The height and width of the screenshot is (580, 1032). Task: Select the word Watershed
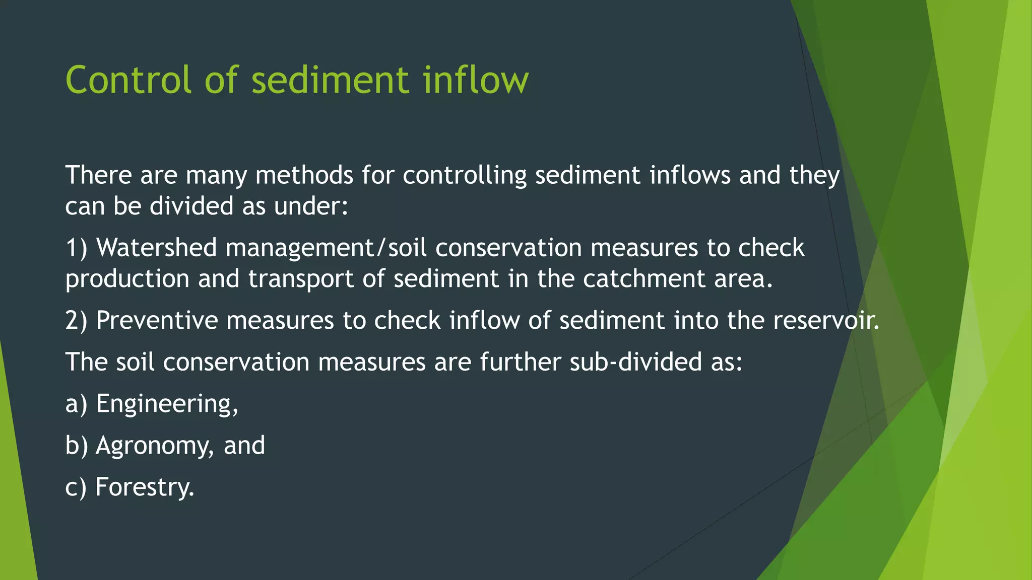[x=156, y=248]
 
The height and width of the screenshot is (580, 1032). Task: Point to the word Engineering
[x=167, y=404]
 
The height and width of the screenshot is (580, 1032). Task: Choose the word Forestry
[x=145, y=487]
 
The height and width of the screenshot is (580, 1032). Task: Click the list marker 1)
[x=77, y=248]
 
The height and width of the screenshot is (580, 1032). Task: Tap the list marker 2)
[x=77, y=320]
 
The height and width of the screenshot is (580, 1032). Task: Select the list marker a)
[x=77, y=404]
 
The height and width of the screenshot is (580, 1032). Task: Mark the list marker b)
[x=77, y=446]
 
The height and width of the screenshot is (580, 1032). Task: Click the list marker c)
[x=76, y=487]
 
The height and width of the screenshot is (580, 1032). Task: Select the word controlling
[x=465, y=175]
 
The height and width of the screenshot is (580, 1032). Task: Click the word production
[x=127, y=279]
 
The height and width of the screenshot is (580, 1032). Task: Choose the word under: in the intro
[x=311, y=206]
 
